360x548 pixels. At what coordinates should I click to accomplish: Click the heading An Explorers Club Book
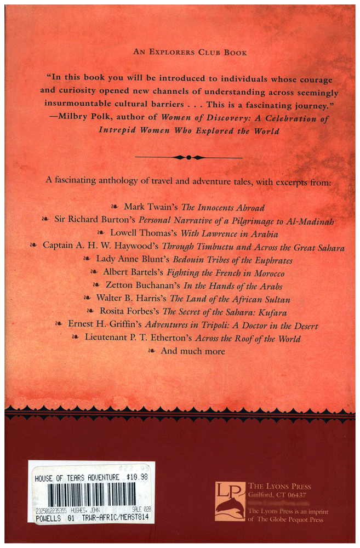190,53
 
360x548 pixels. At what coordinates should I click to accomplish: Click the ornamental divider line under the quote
188,157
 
